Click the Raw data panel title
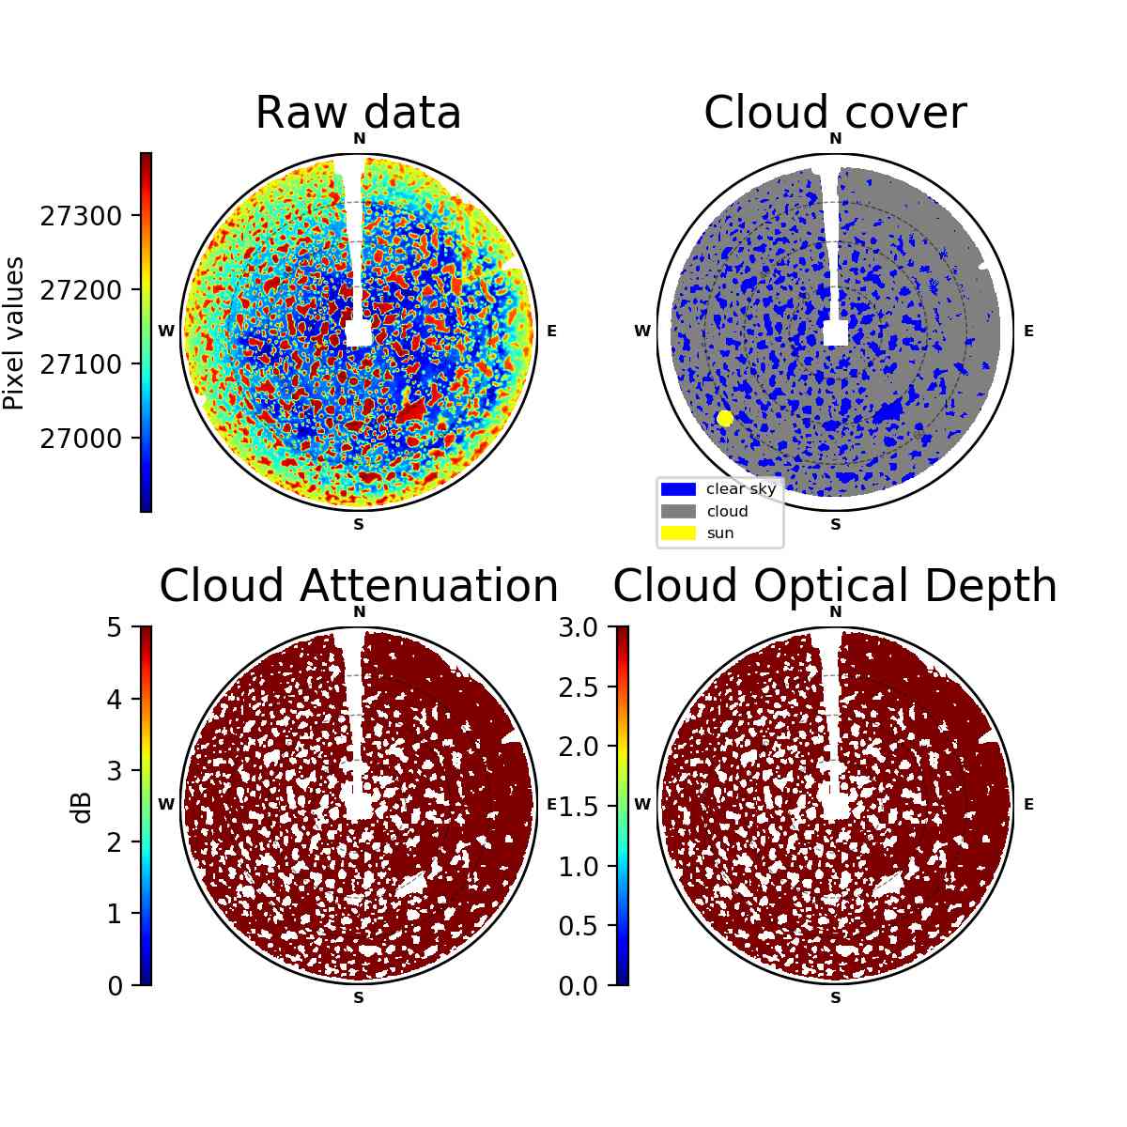tap(358, 113)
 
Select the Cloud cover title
tap(835, 113)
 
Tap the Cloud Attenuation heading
tap(359, 585)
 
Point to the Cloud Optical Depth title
tap(835, 585)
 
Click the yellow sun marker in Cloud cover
tap(725, 418)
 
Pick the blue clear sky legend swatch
tap(678, 489)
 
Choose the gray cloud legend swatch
tap(678, 511)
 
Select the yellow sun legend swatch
tap(678, 533)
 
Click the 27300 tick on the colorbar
tap(81, 216)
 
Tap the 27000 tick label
tap(81, 438)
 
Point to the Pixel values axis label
tap(14, 332)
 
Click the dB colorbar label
tap(82, 809)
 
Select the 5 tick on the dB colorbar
tap(115, 627)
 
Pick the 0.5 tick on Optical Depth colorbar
tap(578, 926)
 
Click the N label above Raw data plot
tap(359, 139)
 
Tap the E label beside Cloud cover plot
tap(1028, 331)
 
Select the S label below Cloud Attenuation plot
tap(359, 997)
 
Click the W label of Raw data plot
tap(166, 331)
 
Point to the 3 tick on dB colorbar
tap(115, 771)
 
